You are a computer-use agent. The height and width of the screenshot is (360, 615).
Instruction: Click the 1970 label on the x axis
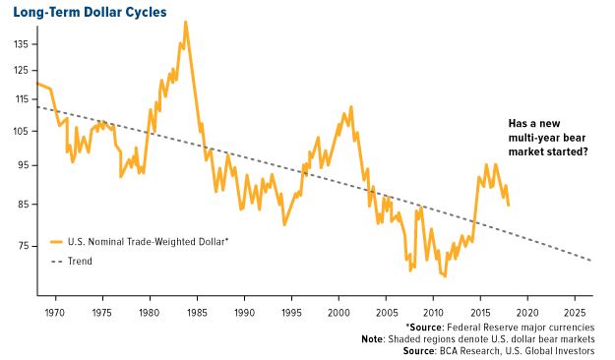click(x=54, y=312)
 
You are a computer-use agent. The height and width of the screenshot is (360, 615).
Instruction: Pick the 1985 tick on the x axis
click(x=197, y=312)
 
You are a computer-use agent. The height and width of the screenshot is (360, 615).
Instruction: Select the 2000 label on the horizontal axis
click(x=338, y=312)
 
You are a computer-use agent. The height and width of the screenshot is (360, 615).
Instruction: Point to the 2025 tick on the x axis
click(x=576, y=312)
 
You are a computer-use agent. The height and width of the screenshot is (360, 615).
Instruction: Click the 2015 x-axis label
click(x=480, y=312)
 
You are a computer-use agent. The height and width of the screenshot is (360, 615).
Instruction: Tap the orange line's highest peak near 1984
click(x=185, y=22)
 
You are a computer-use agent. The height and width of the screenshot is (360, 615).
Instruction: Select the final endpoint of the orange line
click(x=509, y=206)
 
